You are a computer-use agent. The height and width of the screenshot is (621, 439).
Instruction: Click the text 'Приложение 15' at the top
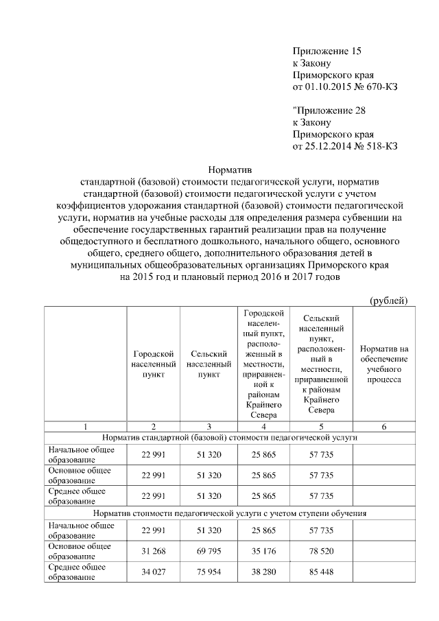tap(326, 51)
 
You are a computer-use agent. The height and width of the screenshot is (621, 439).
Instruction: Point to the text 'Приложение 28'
tap(327, 110)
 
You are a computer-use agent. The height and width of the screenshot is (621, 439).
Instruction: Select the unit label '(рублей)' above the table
tap(389, 300)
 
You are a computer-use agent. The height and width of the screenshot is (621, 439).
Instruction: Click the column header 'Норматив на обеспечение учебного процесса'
tap(383, 364)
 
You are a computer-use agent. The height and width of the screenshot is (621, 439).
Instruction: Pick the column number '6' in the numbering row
tap(383, 426)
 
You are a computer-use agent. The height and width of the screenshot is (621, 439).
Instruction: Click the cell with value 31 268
tap(153, 552)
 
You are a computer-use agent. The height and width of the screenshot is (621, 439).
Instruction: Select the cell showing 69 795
tap(206, 552)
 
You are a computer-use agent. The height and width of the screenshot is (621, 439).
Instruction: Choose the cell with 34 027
tap(153, 572)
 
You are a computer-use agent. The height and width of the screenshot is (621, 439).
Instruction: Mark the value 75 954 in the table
tap(206, 572)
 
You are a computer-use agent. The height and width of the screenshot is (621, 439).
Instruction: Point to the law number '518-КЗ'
tap(382, 146)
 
